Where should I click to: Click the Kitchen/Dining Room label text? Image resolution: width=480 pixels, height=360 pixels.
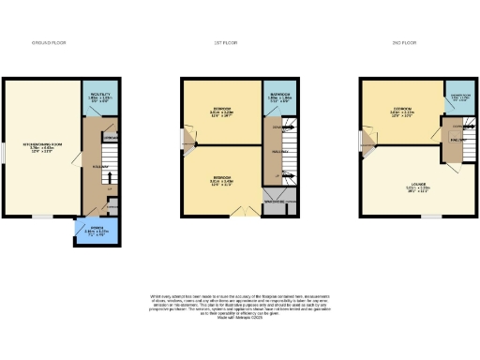41,147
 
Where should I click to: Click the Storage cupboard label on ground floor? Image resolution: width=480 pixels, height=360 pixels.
111,137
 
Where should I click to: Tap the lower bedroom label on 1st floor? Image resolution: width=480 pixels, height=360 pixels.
221,179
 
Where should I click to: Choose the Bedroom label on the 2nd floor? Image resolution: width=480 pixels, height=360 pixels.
403,112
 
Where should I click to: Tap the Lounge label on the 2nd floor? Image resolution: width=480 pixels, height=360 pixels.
416,187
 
